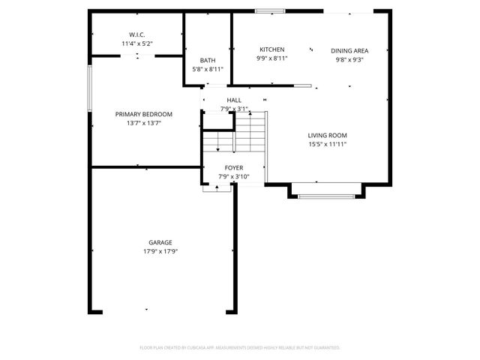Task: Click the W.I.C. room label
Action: coord(136,35)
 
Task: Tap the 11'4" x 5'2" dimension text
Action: coord(136,44)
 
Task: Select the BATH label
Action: coord(208,61)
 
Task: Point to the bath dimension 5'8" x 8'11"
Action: coord(208,70)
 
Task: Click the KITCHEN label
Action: coord(271,49)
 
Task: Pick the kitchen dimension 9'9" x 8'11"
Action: coord(271,58)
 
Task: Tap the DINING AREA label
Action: coord(349,51)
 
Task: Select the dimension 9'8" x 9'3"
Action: coord(349,60)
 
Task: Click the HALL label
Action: coord(234,100)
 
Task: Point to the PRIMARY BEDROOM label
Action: coord(143,114)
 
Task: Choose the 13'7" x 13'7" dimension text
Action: coord(143,123)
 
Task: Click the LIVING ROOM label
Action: coord(327,136)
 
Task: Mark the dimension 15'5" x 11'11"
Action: coord(327,145)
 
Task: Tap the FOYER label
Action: coord(233,168)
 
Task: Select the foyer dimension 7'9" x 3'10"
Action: coord(233,177)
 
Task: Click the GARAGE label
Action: coord(160,242)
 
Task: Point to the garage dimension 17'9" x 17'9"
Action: coord(160,251)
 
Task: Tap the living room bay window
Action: coord(327,196)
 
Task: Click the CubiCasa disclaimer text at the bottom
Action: coord(240,348)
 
